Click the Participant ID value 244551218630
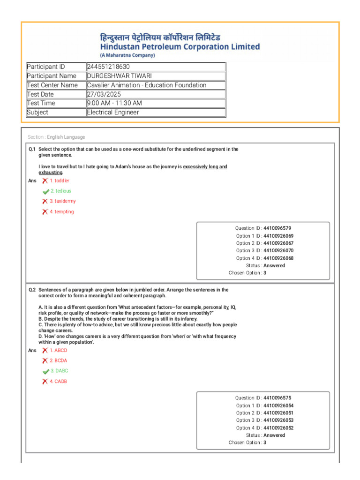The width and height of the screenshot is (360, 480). pos(108,67)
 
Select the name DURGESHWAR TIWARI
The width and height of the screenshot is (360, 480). pos(119,76)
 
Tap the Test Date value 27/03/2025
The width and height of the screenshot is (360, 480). pos(104,94)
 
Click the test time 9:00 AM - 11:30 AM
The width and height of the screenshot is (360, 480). pos(114,103)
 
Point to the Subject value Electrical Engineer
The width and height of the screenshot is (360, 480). pos(113,112)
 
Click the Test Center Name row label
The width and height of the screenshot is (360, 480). pos(52,85)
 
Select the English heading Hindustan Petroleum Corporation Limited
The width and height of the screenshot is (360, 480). pos(180,47)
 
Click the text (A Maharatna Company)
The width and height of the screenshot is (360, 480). pos(127,55)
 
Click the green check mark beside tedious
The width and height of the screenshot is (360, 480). pos(45,192)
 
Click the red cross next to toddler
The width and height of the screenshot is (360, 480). pos(45,181)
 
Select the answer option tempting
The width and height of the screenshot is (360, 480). pos(61,212)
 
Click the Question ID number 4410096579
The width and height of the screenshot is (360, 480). pos(280,228)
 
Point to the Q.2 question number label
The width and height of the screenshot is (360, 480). pos(32,290)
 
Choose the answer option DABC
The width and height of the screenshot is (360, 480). pos(59,371)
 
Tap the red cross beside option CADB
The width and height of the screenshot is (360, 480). pos(45,382)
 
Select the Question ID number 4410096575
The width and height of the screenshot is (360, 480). pos(280,398)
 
